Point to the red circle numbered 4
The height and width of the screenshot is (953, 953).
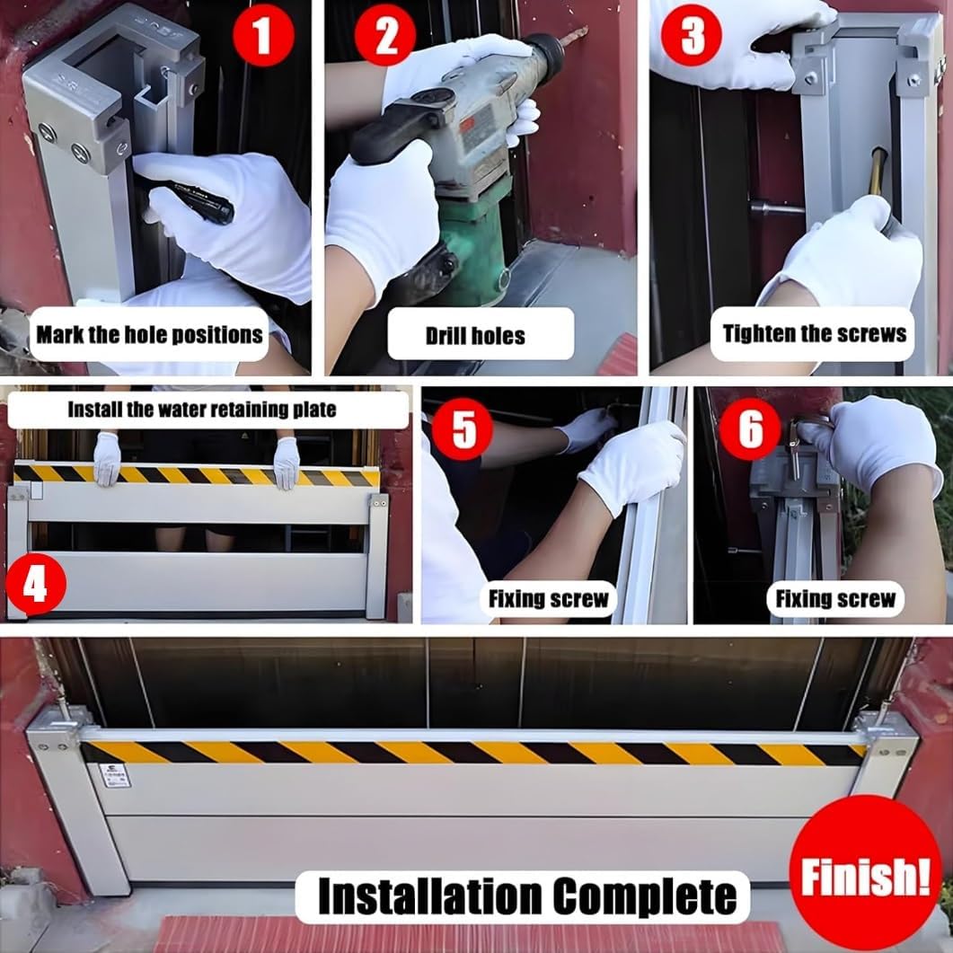pyautogui.click(x=35, y=584)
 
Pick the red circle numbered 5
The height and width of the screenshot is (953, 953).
pyautogui.click(x=463, y=429)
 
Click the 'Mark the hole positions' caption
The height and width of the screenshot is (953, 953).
pyautogui.click(x=150, y=335)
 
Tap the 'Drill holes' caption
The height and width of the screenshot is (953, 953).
pyautogui.click(x=476, y=335)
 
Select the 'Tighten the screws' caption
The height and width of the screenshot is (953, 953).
pyautogui.click(x=814, y=333)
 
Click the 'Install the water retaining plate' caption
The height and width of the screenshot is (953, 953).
pyautogui.click(x=202, y=410)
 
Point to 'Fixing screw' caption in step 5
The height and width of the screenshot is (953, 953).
pyautogui.click(x=548, y=598)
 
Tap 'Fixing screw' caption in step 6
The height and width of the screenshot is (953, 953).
pyautogui.click(x=835, y=598)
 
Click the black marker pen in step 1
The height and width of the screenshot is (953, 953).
pyautogui.click(x=193, y=201)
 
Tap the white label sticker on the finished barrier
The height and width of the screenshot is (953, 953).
pyautogui.click(x=114, y=776)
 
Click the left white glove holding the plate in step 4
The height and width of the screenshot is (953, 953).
pyautogui.click(x=107, y=458)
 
